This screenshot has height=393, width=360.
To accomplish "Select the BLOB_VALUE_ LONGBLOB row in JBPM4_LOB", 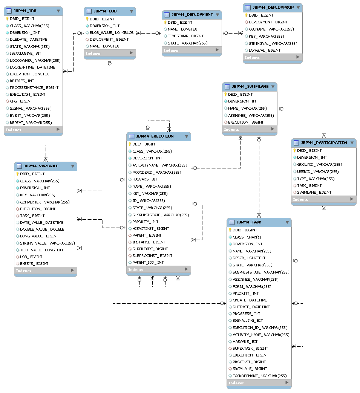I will [x=112, y=32].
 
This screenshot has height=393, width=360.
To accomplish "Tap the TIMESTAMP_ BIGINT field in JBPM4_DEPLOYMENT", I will [x=185, y=36].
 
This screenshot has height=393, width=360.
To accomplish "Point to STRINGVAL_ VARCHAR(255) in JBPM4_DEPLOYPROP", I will [x=273, y=43].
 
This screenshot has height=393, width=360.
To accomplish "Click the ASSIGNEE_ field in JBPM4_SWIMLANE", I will [x=251, y=115].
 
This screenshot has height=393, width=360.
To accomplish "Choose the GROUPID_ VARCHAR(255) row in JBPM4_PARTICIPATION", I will [x=319, y=164].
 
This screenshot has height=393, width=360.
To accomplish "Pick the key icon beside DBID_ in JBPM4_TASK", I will [x=230, y=230].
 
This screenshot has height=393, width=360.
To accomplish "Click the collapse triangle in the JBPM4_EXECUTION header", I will [x=186, y=136].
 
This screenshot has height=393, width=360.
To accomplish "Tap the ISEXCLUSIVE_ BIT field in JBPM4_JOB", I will [x=25, y=54].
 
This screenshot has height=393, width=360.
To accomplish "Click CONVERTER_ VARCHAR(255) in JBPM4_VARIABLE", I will [x=44, y=202].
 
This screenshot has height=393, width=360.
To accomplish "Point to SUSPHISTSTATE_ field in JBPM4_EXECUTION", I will [x=160, y=215].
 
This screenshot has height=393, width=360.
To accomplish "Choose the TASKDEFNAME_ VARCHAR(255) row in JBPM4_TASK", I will [x=259, y=376].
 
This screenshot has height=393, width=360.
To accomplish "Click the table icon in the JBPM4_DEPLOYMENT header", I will [x=167, y=15].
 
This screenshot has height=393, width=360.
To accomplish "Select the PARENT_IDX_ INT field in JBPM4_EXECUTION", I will [x=148, y=262].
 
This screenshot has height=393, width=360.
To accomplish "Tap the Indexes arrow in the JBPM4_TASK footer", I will [x=287, y=383].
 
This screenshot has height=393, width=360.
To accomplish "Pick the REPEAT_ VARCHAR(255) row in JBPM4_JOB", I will [x=31, y=122].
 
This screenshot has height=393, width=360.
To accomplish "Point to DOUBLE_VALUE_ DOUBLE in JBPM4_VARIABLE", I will [x=42, y=229].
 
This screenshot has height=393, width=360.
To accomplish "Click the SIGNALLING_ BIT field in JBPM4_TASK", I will [x=248, y=321].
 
